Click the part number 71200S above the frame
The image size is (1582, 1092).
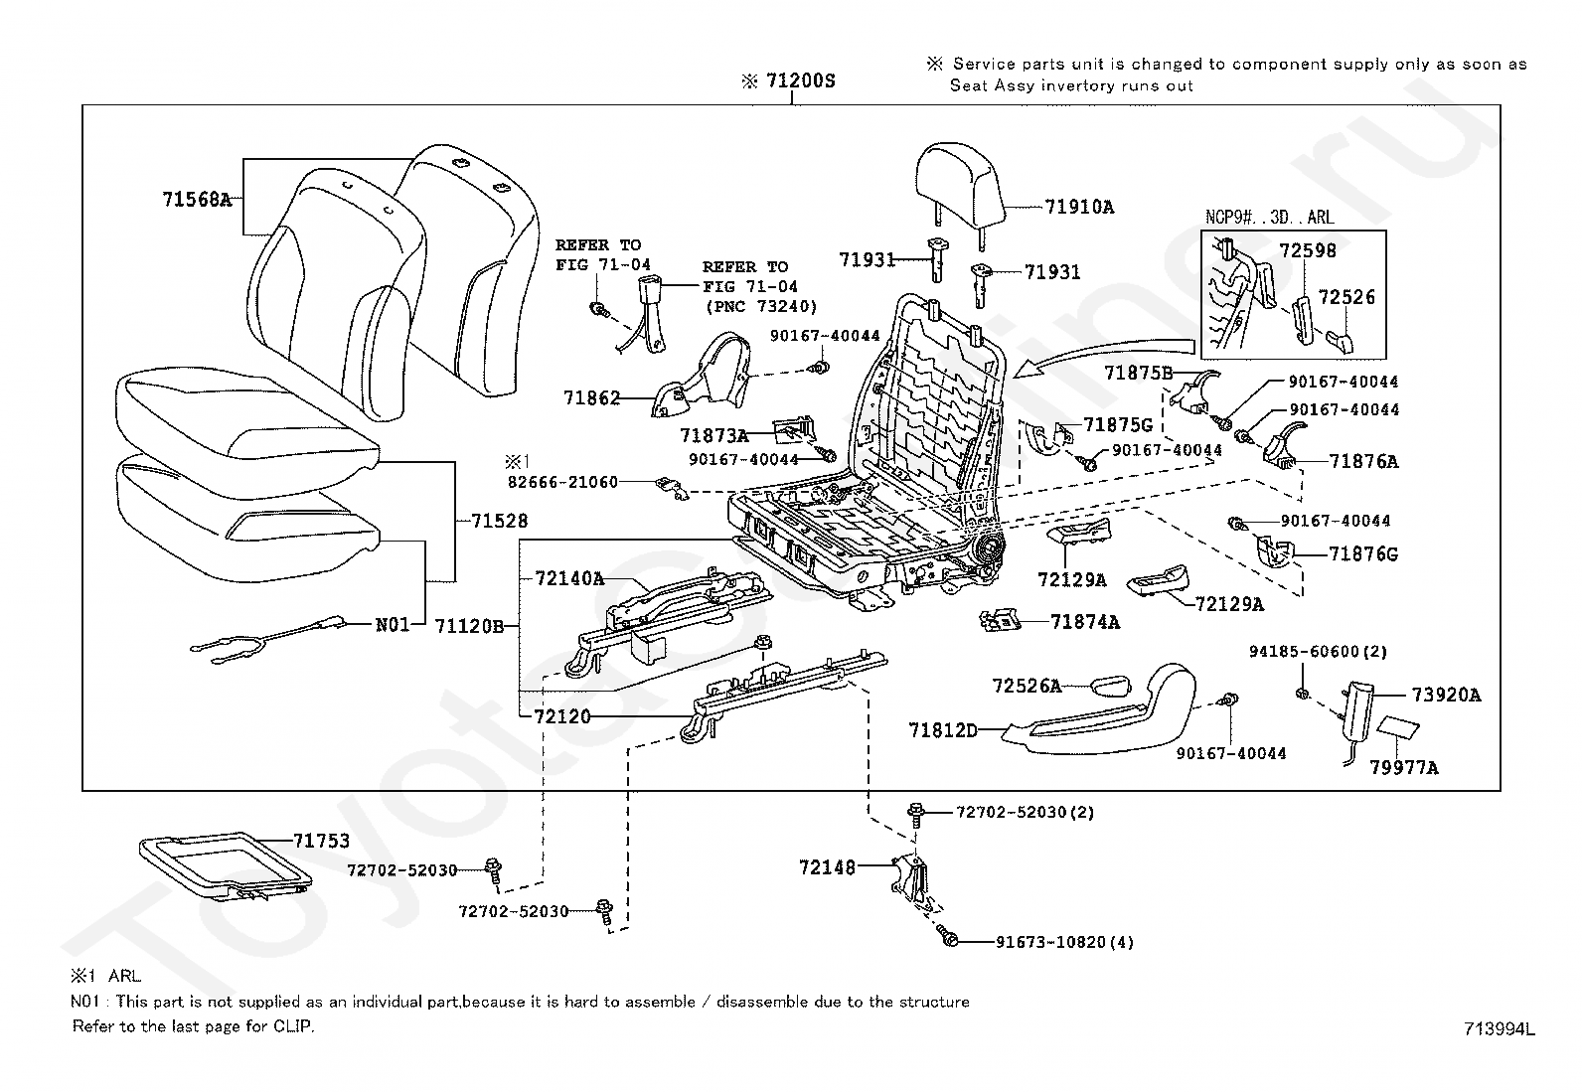pyautogui.click(x=799, y=81)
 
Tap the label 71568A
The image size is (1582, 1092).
pyautogui.click(x=196, y=200)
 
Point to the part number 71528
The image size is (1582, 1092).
pyautogui.click(x=499, y=521)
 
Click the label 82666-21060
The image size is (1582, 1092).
pyautogui.click(x=562, y=482)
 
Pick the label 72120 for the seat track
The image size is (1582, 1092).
pyautogui.click(x=561, y=716)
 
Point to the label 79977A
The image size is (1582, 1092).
pyautogui.click(x=1404, y=767)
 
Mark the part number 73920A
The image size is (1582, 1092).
pyautogui.click(x=1446, y=696)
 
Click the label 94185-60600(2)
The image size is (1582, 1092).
pyautogui.click(x=1319, y=652)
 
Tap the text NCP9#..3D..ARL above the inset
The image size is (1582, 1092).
pyautogui.click(x=1269, y=217)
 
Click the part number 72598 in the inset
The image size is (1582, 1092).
pyautogui.click(x=1307, y=251)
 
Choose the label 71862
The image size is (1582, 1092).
pyautogui.click(x=591, y=398)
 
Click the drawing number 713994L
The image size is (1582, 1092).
pyautogui.click(x=1498, y=1029)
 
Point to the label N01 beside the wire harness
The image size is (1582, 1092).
pyautogui.click(x=392, y=626)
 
